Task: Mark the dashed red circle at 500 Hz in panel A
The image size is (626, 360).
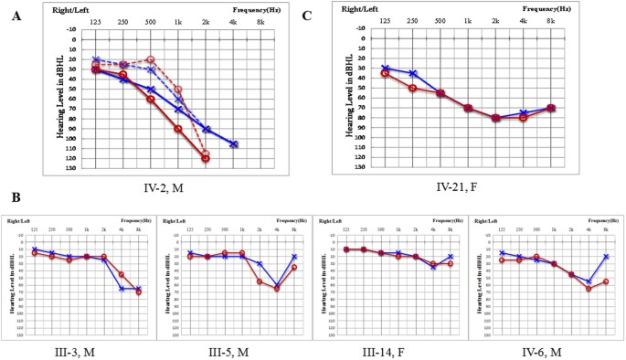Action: pyautogui.click(x=151, y=60)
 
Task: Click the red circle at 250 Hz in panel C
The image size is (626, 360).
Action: pyautogui.click(x=412, y=88)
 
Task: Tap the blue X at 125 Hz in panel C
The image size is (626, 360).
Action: pyautogui.click(x=385, y=68)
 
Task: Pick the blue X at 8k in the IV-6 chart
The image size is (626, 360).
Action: pyautogui.click(x=605, y=257)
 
